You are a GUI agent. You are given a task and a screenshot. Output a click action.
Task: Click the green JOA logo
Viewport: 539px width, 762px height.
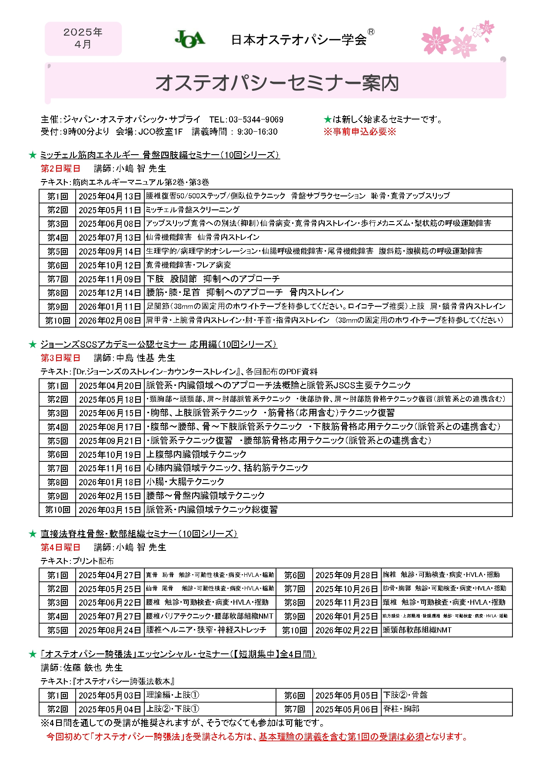pos(190,39)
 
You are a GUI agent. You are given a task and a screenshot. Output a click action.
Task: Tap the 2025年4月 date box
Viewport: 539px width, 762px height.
pos(83,38)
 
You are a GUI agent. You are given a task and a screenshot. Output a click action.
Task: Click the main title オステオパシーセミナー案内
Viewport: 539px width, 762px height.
pos(277,83)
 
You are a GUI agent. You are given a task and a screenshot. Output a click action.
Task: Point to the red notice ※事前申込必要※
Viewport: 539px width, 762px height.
pos(359,132)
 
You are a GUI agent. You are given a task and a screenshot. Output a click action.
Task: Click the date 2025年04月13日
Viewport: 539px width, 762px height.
pos(110,196)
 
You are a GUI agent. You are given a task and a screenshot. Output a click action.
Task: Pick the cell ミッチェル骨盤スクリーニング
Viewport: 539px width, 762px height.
pos(193,210)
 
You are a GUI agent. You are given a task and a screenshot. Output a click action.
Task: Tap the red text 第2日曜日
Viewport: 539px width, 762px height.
pos(60,169)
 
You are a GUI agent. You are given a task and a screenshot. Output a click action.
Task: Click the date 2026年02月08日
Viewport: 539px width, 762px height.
pos(110,321)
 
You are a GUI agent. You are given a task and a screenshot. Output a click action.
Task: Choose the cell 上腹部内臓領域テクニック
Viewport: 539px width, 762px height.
pos(196,454)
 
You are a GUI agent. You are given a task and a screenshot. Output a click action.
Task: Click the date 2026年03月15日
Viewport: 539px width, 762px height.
pos(110,510)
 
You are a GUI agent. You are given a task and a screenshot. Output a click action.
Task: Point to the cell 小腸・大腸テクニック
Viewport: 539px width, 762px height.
pos(185,482)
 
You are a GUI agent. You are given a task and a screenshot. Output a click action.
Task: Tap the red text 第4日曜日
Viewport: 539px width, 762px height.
pos(60,547)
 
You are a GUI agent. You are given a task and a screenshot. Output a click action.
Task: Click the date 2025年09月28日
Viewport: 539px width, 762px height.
pos(347,575)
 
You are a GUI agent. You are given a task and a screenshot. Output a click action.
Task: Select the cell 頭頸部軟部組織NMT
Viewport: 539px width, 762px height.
pos(417,630)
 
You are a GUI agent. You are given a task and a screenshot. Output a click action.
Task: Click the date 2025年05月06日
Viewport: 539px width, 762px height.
pos(347,709)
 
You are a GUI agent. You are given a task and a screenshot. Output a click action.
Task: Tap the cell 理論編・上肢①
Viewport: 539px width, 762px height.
pos(173,695)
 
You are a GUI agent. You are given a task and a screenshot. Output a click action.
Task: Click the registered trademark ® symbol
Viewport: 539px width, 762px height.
pos(371,32)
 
